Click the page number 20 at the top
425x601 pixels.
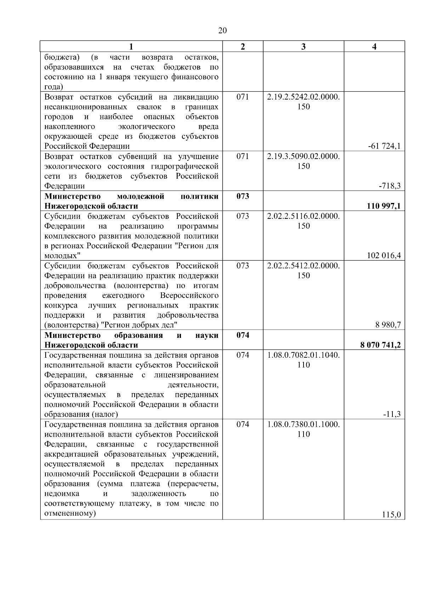click(x=222, y=31)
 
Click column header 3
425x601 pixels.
click(x=303, y=47)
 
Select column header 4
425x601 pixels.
click(x=374, y=47)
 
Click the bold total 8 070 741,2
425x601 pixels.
click(x=380, y=345)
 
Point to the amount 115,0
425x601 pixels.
click(x=391, y=515)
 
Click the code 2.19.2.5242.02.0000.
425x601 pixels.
click(x=304, y=97)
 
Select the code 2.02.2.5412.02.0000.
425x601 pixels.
click(x=304, y=266)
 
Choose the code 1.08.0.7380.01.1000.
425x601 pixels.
click(x=304, y=424)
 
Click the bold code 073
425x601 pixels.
click(x=243, y=196)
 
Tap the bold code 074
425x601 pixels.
click(x=243, y=335)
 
